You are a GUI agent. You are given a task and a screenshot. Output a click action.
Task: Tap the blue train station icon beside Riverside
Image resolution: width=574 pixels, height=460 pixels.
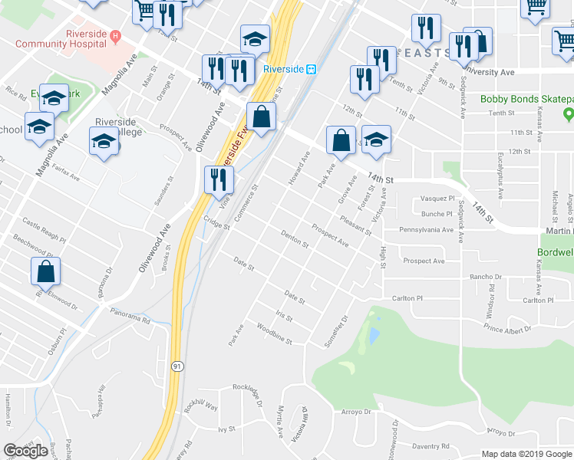click(x=312, y=69)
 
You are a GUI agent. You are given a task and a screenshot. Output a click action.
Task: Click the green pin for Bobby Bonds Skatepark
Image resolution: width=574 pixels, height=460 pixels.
click(x=568, y=115)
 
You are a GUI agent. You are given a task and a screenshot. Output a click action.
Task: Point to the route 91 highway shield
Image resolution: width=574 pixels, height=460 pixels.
click(x=176, y=366)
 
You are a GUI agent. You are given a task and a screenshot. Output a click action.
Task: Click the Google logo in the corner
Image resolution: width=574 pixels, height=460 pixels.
click(x=25, y=451)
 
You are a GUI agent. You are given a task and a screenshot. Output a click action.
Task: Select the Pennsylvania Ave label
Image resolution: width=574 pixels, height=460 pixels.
click(x=427, y=229)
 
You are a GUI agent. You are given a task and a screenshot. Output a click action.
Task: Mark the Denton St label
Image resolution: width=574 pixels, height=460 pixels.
click(x=294, y=239)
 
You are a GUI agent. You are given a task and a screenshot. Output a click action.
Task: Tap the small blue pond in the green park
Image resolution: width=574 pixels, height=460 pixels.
click(x=374, y=335)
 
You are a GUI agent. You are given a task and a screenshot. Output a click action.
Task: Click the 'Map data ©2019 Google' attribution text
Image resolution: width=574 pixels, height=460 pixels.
click(x=510, y=454)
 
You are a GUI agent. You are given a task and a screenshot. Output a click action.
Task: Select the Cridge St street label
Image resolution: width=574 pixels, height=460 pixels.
click(x=216, y=221)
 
